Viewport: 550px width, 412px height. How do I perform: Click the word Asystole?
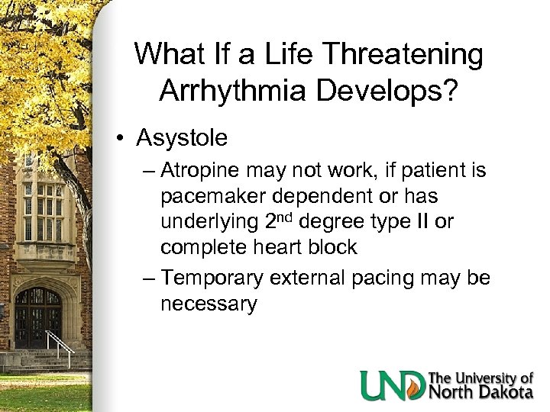point(181,138)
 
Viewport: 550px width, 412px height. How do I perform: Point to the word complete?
point(205,247)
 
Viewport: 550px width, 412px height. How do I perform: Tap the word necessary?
point(209,304)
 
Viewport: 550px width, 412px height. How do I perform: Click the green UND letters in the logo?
point(393,385)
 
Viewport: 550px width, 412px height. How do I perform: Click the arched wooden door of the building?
point(38,317)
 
